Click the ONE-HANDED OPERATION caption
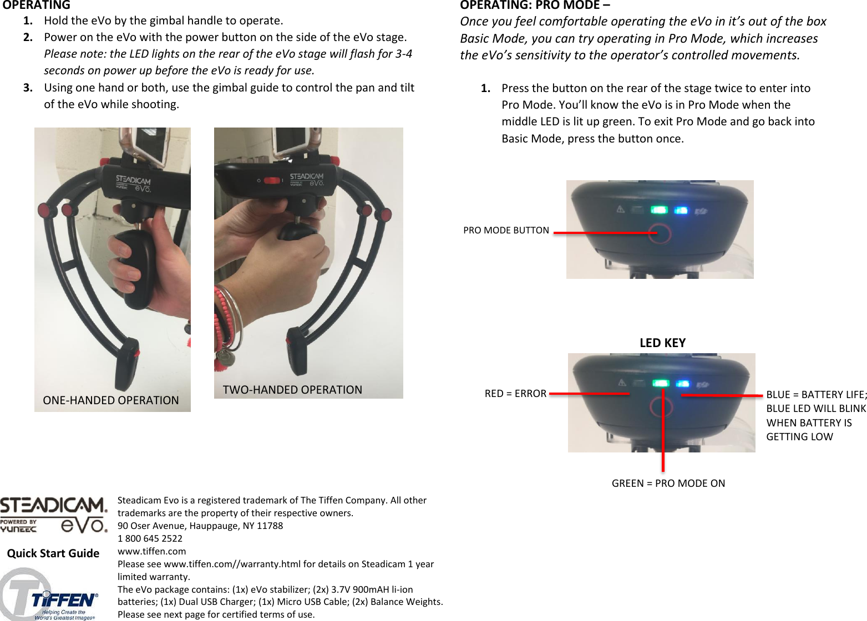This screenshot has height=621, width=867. point(111,400)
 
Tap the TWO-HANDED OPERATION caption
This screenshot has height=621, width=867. point(292,390)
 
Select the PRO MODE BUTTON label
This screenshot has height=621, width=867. point(506,230)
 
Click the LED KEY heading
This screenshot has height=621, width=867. point(662,343)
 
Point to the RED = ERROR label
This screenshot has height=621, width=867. point(515,393)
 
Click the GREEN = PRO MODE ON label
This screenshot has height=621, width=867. point(668,483)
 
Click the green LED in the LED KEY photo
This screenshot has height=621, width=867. point(660,384)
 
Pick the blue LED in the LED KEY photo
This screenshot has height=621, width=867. point(682,384)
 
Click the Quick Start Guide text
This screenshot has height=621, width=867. point(53,553)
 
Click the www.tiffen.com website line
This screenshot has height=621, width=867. point(151,551)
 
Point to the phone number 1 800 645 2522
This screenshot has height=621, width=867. point(150,538)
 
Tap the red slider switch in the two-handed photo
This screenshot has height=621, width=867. point(272,181)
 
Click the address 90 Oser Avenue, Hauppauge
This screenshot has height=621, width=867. point(200,526)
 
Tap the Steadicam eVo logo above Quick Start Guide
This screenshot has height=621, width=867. point(53,516)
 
